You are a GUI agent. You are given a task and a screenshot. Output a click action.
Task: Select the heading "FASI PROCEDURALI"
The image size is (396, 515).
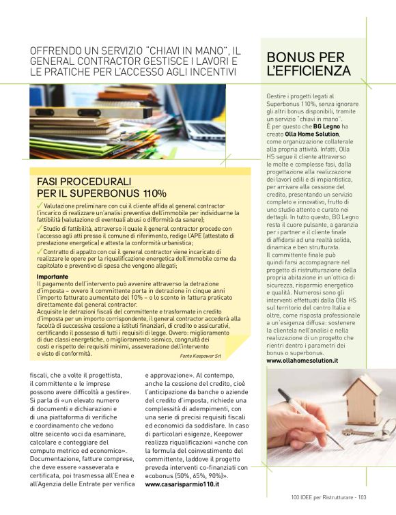pyautogui.click(x=83, y=182)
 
